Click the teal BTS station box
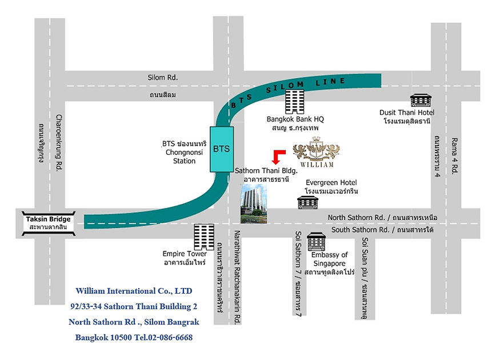pyautogui.click(x=222, y=149)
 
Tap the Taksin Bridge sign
pyautogui.click(x=49, y=223)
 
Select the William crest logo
pyautogui.click(x=317, y=152)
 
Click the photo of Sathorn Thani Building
pyautogui.click(x=254, y=204)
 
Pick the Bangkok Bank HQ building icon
pyautogui.click(x=295, y=102)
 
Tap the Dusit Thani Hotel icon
pyautogui.click(x=421, y=100)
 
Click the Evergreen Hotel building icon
pyautogui.click(x=308, y=202)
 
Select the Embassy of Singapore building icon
pyautogui.click(x=317, y=241)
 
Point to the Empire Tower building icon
pyautogui.click(x=204, y=237)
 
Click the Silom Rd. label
pyautogui.click(x=163, y=78)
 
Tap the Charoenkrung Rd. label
pyautogui.click(x=59, y=143)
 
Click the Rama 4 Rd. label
pyautogui.click(x=454, y=155)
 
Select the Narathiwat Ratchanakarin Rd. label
pyautogui.click(x=237, y=277)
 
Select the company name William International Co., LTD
pyautogui.click(x=134, y=291)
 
